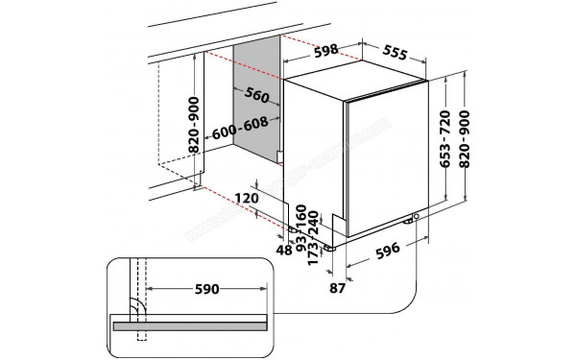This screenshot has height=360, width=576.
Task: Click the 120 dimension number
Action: pyautogui.click(x=247, y=198)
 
